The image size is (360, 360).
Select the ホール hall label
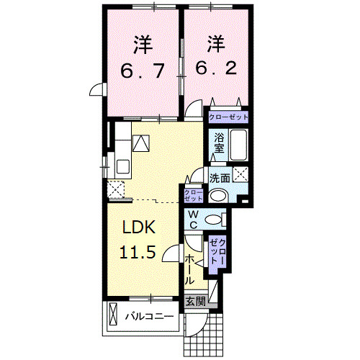tap(189, 268)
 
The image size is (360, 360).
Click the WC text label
tap(193, 219)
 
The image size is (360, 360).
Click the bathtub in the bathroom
tap(240, 147)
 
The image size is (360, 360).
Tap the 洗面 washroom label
tap(220, 177)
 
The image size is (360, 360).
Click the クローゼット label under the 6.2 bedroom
tap(228, 117)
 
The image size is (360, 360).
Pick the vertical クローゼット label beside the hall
tap(218, 253)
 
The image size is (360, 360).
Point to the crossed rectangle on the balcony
tap(113, 315)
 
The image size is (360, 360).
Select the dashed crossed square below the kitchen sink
tap(114, 189)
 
